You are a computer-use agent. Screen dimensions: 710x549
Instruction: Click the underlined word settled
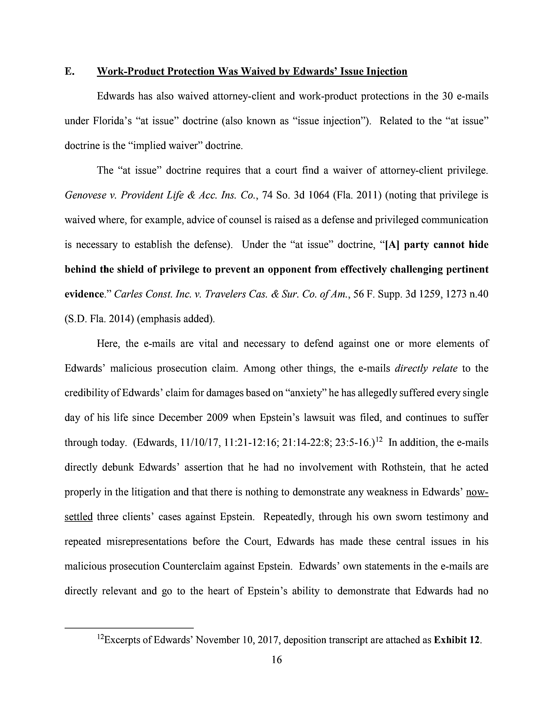pyautogui.click(x=79, y=517)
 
